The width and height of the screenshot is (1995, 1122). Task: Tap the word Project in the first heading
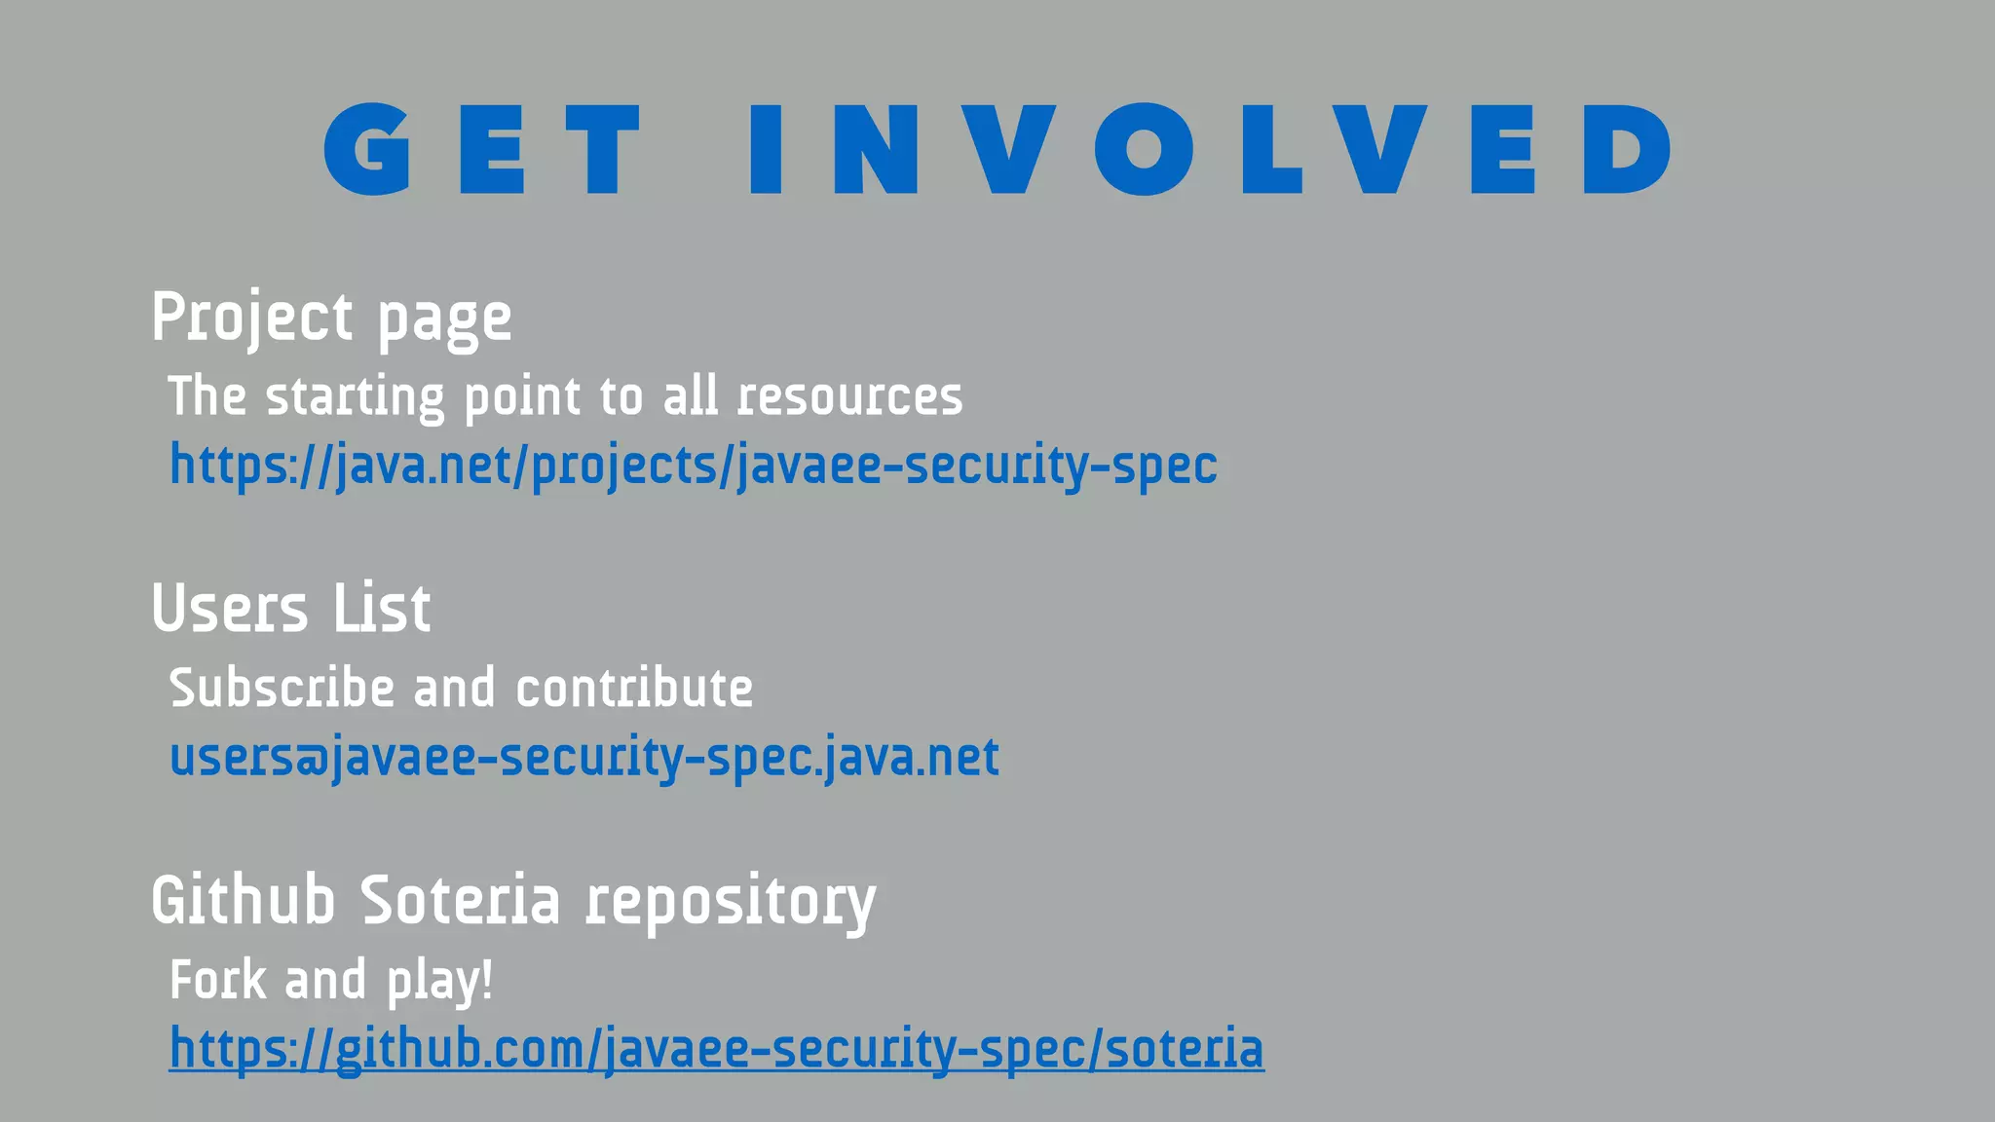tap(252, 318)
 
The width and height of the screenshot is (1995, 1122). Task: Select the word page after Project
tap(444, 320)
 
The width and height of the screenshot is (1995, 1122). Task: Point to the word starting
tap(356, 397)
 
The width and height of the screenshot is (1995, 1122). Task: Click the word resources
tap(849, 397)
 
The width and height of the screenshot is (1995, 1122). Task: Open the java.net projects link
tap(693, 466)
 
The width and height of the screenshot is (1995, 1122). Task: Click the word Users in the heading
tap(230, 609)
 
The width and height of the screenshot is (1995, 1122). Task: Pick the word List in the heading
tap(382, 609)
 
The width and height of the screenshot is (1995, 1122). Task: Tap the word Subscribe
tap(281, 689)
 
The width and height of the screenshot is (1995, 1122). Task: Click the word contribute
tap(634, 689)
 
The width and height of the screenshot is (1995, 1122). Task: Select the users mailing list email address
tap(583, 758)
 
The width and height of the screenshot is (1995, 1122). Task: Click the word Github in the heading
tap(244, 900)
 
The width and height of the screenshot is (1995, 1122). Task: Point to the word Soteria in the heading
tap(461, 900)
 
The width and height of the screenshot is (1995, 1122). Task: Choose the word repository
tap(731, 903)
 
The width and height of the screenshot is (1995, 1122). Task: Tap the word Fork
tap(218, 980)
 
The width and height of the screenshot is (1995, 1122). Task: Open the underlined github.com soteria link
tap(716, 1049)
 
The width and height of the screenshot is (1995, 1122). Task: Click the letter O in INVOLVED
tap(1144, 149)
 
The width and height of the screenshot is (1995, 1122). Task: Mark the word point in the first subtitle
tap(522, 397)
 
